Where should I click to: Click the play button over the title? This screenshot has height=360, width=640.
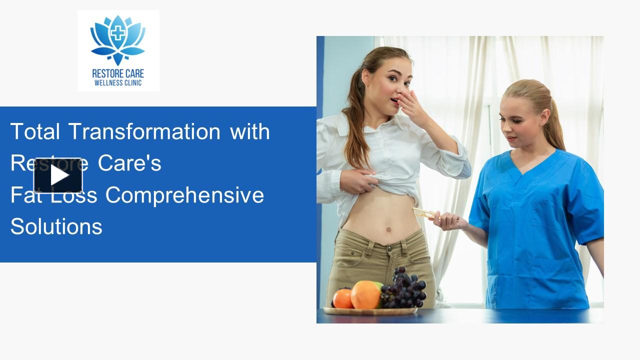tap(58, 175)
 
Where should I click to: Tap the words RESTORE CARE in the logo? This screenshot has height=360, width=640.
tap(118, 73)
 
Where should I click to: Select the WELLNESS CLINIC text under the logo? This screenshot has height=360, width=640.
tap(118, 83)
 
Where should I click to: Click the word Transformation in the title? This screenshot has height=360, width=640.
tap(144, 131)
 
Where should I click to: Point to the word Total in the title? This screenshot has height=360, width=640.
tap(35, 131)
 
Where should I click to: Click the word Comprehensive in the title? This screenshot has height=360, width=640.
tap(184, 195)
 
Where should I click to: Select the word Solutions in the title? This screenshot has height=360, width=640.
tap(56, 226)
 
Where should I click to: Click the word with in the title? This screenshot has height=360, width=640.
tap(250, 131)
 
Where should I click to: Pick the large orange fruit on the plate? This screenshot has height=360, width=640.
tap(365, 295)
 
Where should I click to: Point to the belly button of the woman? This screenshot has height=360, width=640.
tap(387, 230)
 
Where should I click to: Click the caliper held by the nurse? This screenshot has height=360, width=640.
tap(423, 213)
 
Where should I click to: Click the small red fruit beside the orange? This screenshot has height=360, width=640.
tap(342, 298)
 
